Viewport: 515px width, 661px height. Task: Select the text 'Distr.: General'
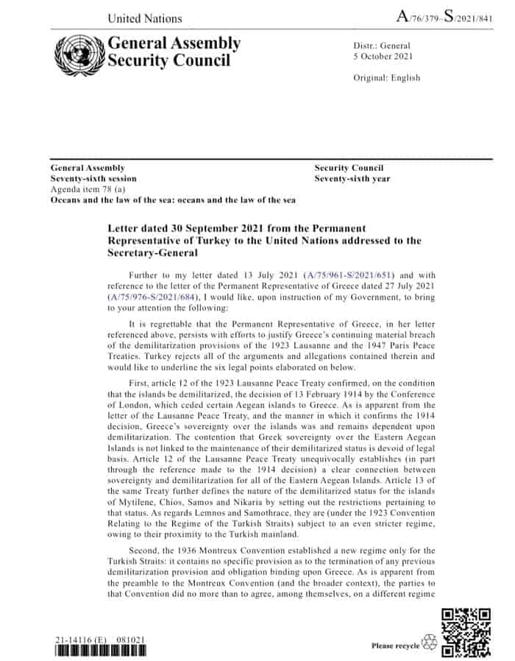[382, 46]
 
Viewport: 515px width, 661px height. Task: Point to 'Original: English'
[387, 78]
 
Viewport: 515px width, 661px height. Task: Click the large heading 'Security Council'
[168, 60]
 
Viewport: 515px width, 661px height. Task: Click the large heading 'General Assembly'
[174, 43]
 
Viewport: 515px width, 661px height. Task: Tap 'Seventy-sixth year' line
[352, 179]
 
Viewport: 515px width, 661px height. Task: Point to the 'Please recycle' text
[395, 646]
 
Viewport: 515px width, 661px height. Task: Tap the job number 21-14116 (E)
[80, 639]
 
